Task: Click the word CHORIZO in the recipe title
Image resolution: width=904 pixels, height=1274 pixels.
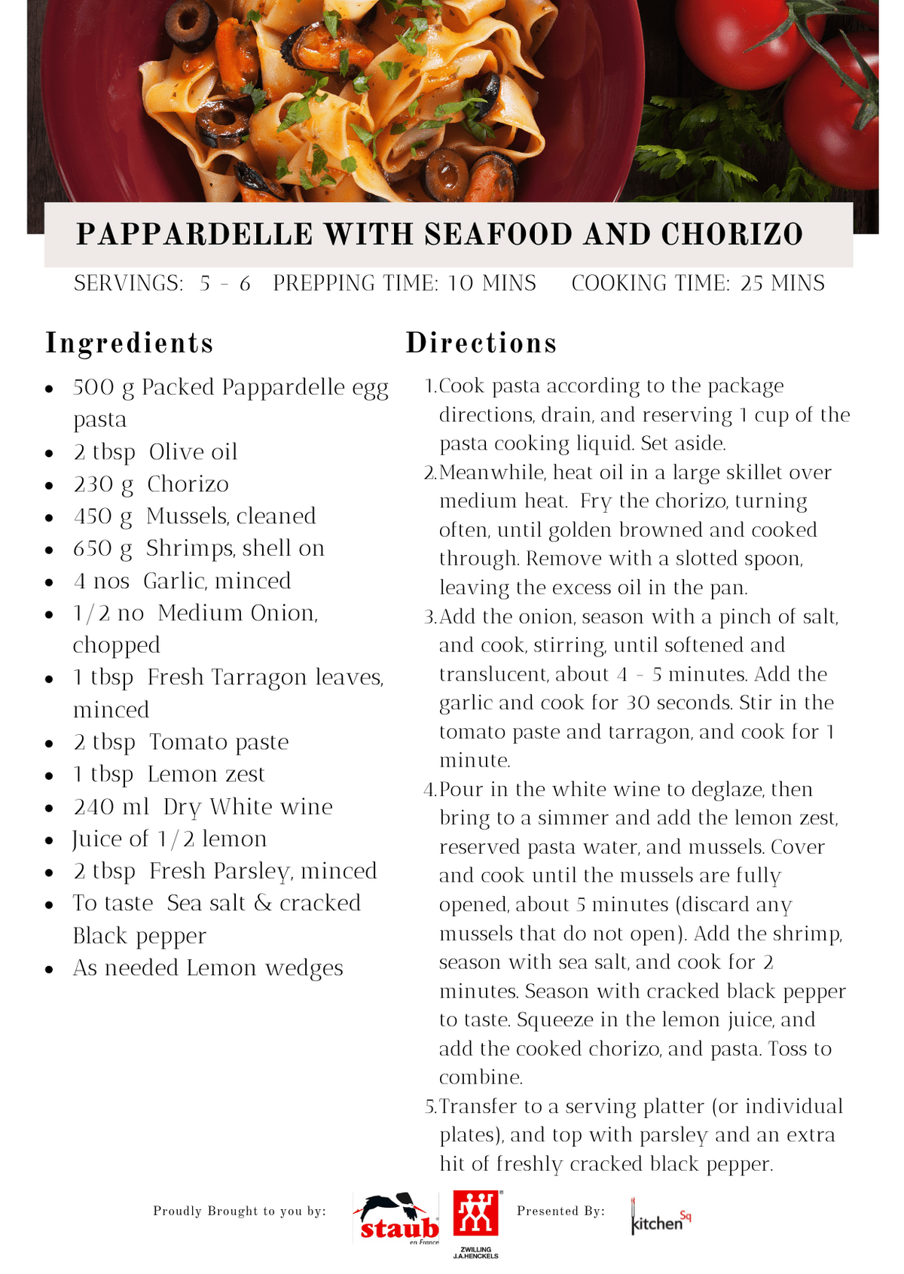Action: [x=732, y=235]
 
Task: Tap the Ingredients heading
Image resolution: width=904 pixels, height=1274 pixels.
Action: [x=130, y=343]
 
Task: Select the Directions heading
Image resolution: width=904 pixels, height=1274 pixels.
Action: [x=481, y=343]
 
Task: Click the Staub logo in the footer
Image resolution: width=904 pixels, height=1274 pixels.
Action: [x=396, y=1218]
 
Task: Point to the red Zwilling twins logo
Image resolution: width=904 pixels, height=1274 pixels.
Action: [x=475, y=1213]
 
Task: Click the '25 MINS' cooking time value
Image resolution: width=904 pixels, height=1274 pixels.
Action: [x=783, y=283]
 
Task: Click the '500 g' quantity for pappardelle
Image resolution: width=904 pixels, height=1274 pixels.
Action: [x=103, y=388]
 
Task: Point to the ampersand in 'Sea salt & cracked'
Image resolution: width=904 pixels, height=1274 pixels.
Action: [x=263, y=903]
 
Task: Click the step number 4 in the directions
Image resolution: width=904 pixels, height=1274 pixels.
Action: [x=429, y=790]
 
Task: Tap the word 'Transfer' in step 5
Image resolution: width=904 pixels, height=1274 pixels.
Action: [x=479, y=1106]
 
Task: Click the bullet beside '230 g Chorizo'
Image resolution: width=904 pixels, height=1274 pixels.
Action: [x=49, y=486]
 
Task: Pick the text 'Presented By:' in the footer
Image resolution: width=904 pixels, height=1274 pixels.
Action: [x=560, y=1211]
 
